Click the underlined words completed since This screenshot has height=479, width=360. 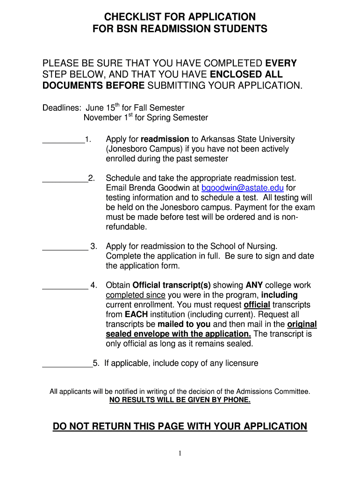tap(136, 295)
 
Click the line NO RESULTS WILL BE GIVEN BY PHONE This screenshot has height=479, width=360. tap(180, 400)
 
